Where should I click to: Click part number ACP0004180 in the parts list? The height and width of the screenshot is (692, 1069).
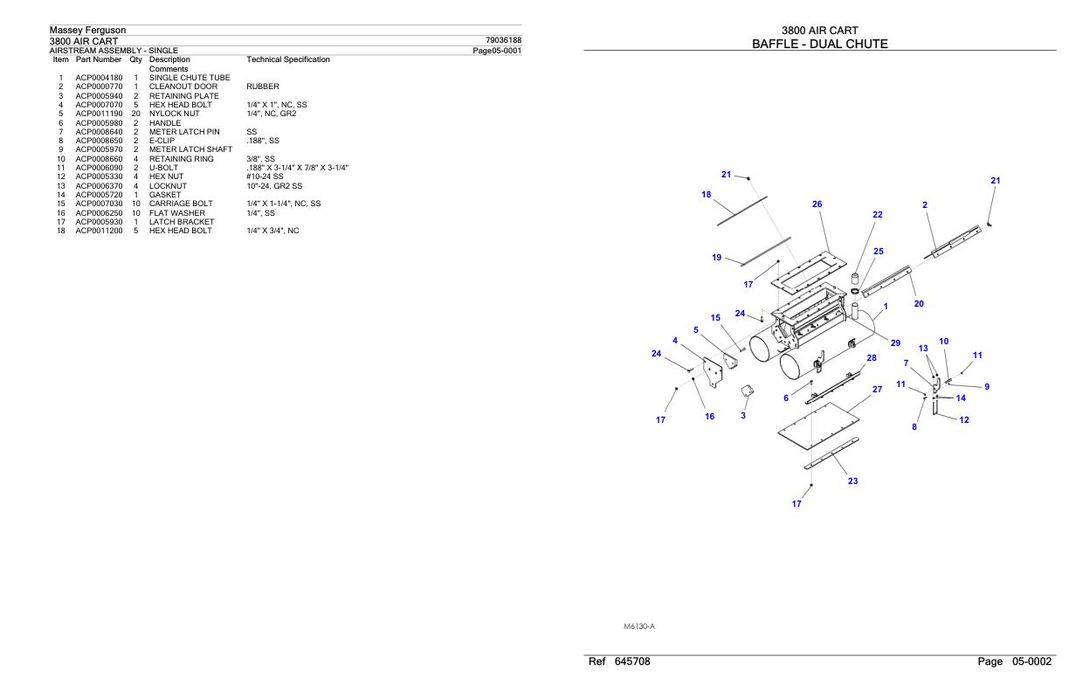click(99, 78)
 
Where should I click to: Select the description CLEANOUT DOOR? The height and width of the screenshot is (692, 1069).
click(179, 86)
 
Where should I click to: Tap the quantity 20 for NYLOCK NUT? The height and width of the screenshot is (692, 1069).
click(135, 114)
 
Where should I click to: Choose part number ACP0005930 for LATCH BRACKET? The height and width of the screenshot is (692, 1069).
click(99, 222)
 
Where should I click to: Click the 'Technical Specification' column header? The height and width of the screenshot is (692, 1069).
click(288, 59)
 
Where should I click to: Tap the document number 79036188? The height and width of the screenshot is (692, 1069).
click(503, 40)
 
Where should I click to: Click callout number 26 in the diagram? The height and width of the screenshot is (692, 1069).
click(817, 204)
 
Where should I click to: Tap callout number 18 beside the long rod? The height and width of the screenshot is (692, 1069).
click(706, 194)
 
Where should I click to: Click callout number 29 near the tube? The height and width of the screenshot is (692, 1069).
click(895, 343)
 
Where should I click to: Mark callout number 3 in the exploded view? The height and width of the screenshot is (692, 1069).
click(743, 415)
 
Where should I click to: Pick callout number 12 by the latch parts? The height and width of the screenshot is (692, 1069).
click(964, 420)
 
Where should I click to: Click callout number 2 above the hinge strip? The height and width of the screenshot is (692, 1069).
click(925, 204)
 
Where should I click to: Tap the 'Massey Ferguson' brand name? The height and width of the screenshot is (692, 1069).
click(87, 31)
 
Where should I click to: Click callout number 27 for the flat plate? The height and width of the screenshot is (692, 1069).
click(877, 389)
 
